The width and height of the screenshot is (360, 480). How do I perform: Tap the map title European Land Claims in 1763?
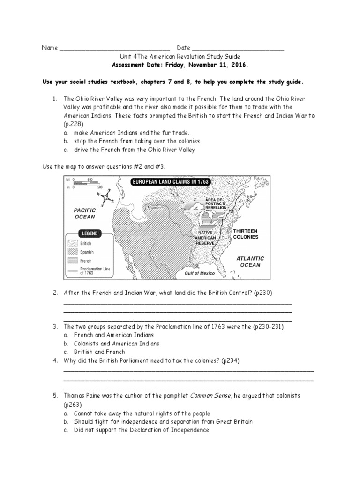[171, 181]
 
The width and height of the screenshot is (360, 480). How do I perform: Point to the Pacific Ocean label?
[84, 214]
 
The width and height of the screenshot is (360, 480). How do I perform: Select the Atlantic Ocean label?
[250, 262]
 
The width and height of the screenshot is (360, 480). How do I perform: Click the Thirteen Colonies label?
[246, 234]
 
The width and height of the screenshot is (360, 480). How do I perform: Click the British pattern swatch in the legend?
[73, 244]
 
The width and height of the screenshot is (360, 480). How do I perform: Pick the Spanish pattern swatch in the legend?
[73, 252]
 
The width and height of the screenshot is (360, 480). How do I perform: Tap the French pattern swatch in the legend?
[73, 261]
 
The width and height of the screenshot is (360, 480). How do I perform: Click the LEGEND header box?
[90, 233]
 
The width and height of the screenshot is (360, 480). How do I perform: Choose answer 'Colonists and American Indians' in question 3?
[116, 344]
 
